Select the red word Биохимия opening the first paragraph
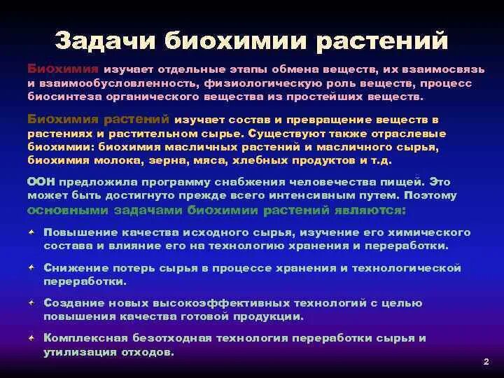pos(64,70)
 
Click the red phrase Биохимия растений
pos(99,120)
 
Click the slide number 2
pos(485,362)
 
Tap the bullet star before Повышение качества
pos(32,232)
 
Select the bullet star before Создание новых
pos(32,303)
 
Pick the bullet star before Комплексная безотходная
pos(32,338)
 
